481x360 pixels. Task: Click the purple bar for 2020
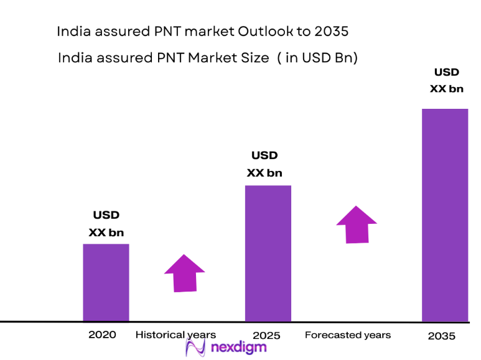[x=106, y=282]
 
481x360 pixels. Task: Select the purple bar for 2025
[x=268, y=253]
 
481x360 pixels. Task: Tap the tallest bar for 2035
[x=444, y=215]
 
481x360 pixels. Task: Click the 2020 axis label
[x=102, y=335]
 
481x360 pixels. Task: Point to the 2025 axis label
[x=267, y=336]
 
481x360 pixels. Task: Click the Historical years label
[x=175, y=335]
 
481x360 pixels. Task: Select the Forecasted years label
[x=348, y=335]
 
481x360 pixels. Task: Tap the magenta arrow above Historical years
[x=184, y=273]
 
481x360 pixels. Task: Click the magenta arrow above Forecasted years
[x=357, y=224]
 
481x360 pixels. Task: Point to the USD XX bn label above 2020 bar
[x=106, y=224]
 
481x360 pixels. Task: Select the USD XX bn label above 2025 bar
[x=264, y=164]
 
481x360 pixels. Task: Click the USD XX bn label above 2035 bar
[x=446, y=81]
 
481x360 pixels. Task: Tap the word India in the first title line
[x=72, y=30]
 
